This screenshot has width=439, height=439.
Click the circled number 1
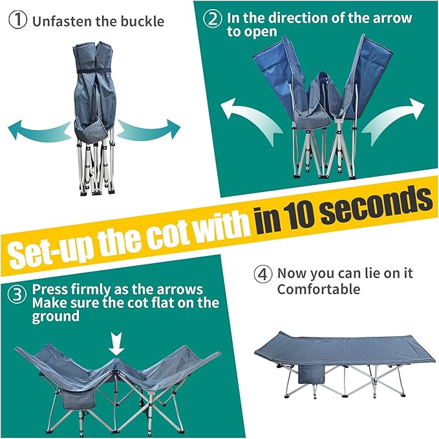click(17, 20)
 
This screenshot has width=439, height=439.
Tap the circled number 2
click(213, 19)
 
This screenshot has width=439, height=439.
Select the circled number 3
click(17, 295)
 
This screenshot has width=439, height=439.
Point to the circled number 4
click(262, 274)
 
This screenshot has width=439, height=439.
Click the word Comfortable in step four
click(319, 289)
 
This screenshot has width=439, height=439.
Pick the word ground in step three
click(56, 317)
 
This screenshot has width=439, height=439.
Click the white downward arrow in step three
click(116, 343)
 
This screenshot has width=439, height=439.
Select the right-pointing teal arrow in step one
click(149, 129)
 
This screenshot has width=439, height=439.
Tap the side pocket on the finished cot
click(312, 374)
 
